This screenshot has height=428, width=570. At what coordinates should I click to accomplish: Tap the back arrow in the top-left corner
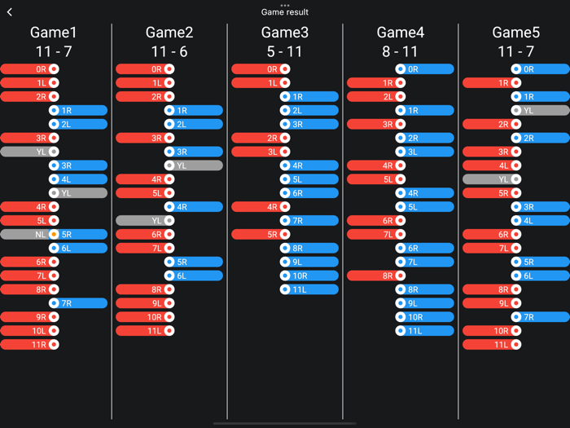pyautogui.click(x=10, y=12)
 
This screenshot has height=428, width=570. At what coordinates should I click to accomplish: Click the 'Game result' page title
pyautogui.click(x=285, y=12)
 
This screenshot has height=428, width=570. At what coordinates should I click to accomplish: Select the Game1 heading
pyautogui.click(x=54, y=33)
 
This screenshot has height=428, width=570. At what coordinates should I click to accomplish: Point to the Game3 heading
pyautogui.click(x=285, y=33)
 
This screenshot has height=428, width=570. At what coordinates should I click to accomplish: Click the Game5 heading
pyautogui.click(x=516, y=33)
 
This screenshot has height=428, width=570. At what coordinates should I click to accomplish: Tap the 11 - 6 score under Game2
pyautogui.click(x=169, y=51)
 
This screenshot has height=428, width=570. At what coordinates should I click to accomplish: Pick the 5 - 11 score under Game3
pyautogui.click(x=285, y=51)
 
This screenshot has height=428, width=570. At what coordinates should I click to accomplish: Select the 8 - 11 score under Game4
pyautogui.click(x=401, y=51)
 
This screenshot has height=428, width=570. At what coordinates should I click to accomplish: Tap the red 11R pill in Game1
pyautogui.click(x=30, y=345)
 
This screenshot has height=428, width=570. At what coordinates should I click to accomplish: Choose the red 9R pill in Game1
pyautogui.click(x=30, y=317)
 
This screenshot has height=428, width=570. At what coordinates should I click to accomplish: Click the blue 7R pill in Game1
pyautogui.click(x=77, y=303)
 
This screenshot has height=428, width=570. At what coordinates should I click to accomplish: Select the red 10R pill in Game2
pyautogui.click(x=146, y=317)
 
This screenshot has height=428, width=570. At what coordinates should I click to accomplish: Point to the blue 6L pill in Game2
pyautogui.click(x=193, y=276)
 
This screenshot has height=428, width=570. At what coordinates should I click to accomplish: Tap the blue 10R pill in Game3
pyautogui.click(x=309, y=276)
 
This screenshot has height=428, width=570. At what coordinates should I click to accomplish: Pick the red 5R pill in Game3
pyautogui.click(x=261, y=234)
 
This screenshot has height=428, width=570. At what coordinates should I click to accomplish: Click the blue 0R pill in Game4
pyautogui.click(x=424, y=69)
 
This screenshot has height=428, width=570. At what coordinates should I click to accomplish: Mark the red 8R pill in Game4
pyautogui.click(x=377, y=276)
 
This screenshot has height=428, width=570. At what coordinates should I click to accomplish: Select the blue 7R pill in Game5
pyautogui.click(x=540, y=317)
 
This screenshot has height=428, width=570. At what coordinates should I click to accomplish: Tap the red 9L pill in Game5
pyautogui.click(x=493, y=303)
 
